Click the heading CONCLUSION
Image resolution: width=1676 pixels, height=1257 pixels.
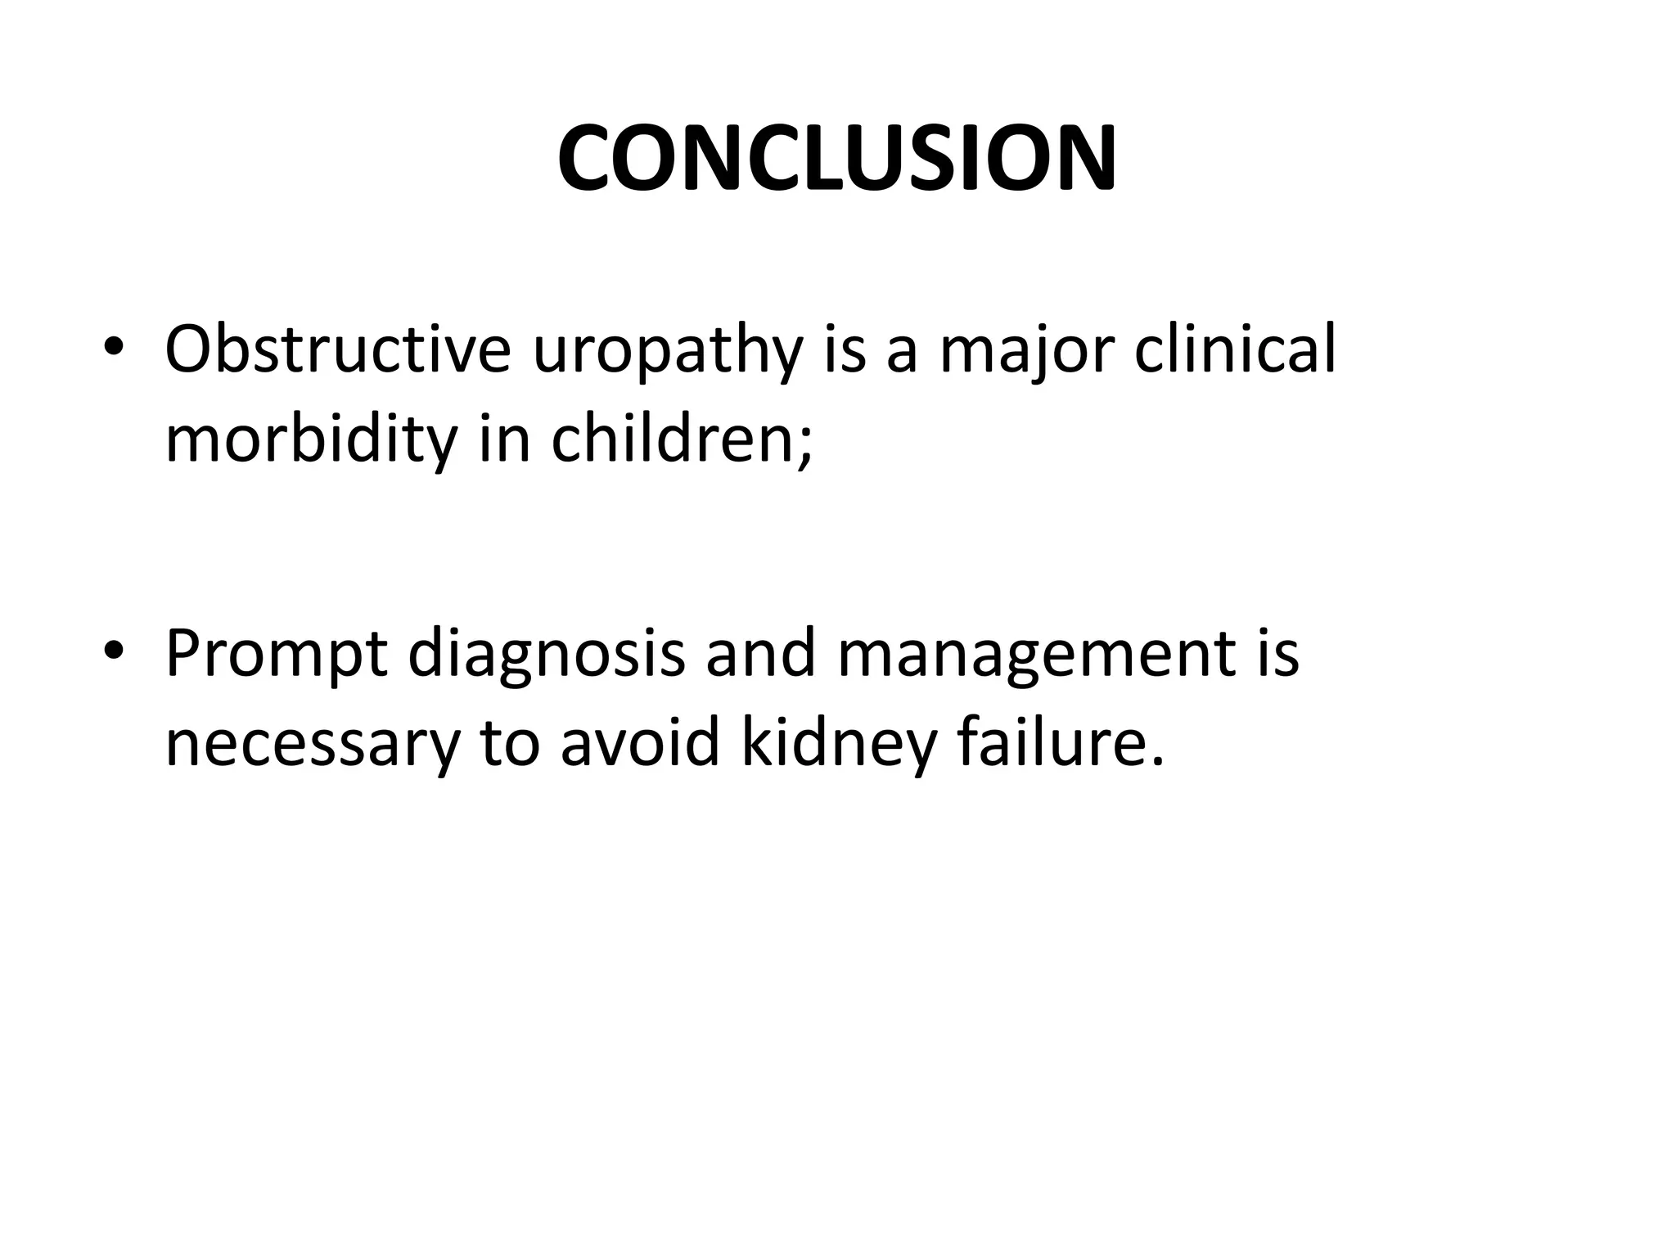tap(837, 159)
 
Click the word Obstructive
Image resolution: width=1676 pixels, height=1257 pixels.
tap(338, 349)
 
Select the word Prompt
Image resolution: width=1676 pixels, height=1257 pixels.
tap(276, 655)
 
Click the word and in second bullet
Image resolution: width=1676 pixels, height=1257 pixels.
tap(761, 655)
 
